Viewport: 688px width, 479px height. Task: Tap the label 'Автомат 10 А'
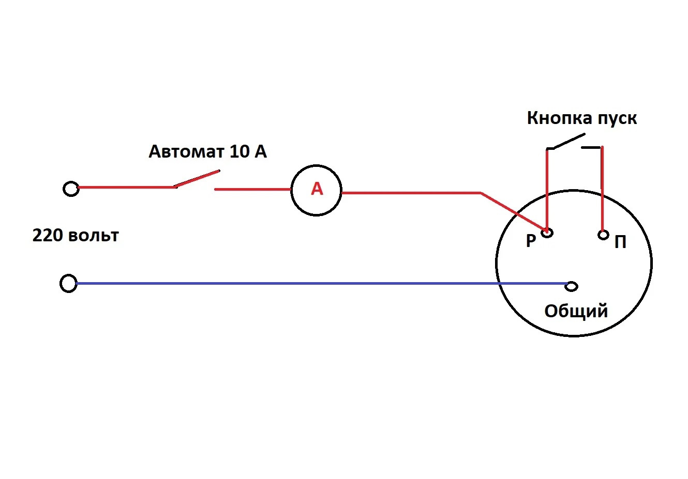click(x=207, y=151)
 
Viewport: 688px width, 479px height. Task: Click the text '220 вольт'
click(x=76, y=236)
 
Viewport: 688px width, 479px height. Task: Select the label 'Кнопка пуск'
click(x=581, y=118)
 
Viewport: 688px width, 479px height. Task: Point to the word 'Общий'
click(x=576, y=311)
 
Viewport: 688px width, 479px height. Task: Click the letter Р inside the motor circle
click(x=531, y=241)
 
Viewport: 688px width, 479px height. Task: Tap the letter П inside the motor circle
click(x=620, y=242)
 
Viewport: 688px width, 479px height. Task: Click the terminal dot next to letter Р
click(x=547, y=233)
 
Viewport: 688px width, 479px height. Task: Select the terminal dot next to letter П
click(x=603, y=235)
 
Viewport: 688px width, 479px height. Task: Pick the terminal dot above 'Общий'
click(x=572, y=286)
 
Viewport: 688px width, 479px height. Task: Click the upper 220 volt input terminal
click(x=71, y=189)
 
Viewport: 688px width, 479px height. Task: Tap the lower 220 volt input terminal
click(x=68, y=284)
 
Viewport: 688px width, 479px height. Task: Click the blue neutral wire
click(x=310, y=283)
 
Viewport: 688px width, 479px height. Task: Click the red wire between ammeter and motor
click(x=414, y=193)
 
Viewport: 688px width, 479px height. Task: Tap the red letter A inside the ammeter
click(x=317, y=190)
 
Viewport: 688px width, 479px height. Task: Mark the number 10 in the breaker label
click(x=239, y=151)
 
